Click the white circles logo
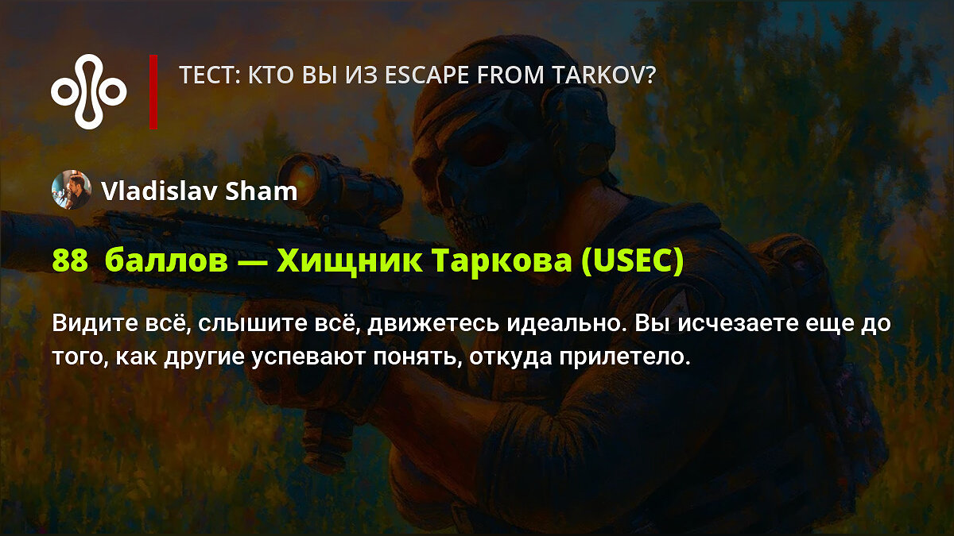89,92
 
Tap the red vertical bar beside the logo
153,92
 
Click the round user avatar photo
71,190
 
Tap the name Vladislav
159,191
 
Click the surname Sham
261,191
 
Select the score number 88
70,260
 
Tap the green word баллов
166,260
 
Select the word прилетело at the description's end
624,357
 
